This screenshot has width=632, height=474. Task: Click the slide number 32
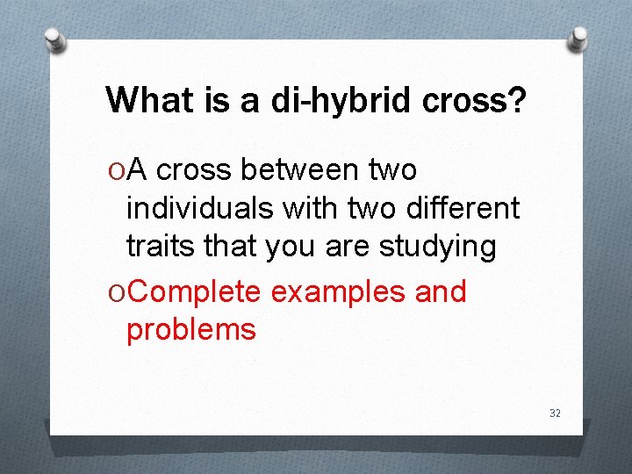[x=555, y=413]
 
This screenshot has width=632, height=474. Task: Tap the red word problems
[x=191, y=330]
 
